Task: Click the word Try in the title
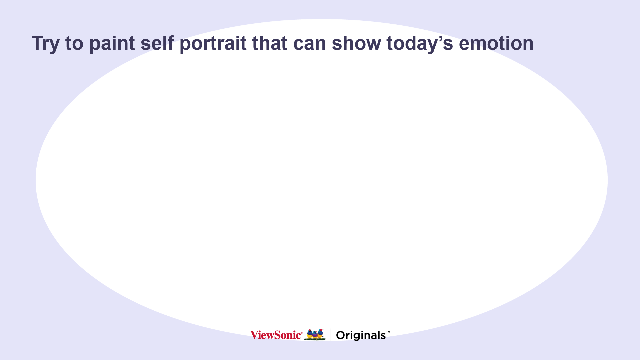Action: click(45, 44)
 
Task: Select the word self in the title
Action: click(157, 43)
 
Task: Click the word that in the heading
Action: click(270, 43)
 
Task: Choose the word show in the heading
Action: click(356, 43)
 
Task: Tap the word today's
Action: click(420, 44)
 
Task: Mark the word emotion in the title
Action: click(496, 43)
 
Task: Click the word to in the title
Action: click(74, 44)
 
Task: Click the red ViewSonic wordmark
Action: click(275, 335)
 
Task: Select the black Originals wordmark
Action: click(361, 335)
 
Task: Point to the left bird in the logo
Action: click(309, 334)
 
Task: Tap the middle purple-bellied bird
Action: click(315, 335)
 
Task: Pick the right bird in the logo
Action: click(320, 333)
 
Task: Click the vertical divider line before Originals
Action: click(331, 335)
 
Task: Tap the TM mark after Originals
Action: click(388, 332)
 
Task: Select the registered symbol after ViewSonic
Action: click(302, 332)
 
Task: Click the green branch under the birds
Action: click(315, 339)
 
